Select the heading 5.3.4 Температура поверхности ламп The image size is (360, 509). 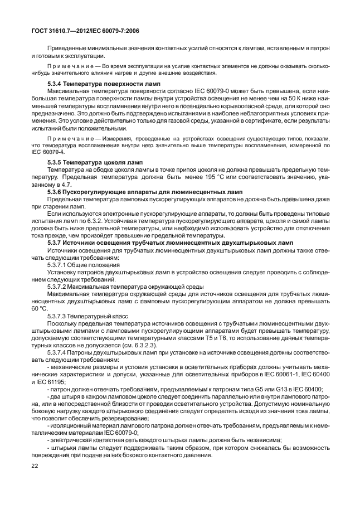pyautogui.click(x=89, y=83)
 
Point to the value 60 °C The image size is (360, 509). pyautogui.click(x=39, y=308)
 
